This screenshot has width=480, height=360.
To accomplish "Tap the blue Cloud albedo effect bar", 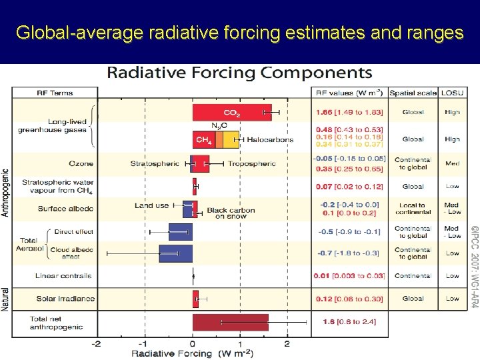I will [x=175, y=253].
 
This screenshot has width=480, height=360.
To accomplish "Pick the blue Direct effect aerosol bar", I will [x=180, y=231].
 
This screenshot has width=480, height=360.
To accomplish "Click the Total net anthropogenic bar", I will [x=231, y=323].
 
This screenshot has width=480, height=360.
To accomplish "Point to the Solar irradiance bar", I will [x=195, y=299].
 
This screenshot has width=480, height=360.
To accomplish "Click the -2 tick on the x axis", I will [x=97, y=343].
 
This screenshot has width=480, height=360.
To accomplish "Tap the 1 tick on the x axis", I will [x=240, y=343].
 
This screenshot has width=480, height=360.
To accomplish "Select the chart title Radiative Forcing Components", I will [x=240, y=73].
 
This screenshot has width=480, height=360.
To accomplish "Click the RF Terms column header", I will [x=55, y=93].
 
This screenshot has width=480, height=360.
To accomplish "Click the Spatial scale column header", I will [x=413, y=93].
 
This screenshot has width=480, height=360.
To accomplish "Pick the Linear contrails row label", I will [x=63, y=275].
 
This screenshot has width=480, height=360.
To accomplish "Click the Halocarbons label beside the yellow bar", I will [x=269, y=139].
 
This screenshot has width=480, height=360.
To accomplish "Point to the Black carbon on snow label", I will [x=231, y=213].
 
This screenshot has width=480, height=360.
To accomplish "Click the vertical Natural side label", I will [x=6, y=299].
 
